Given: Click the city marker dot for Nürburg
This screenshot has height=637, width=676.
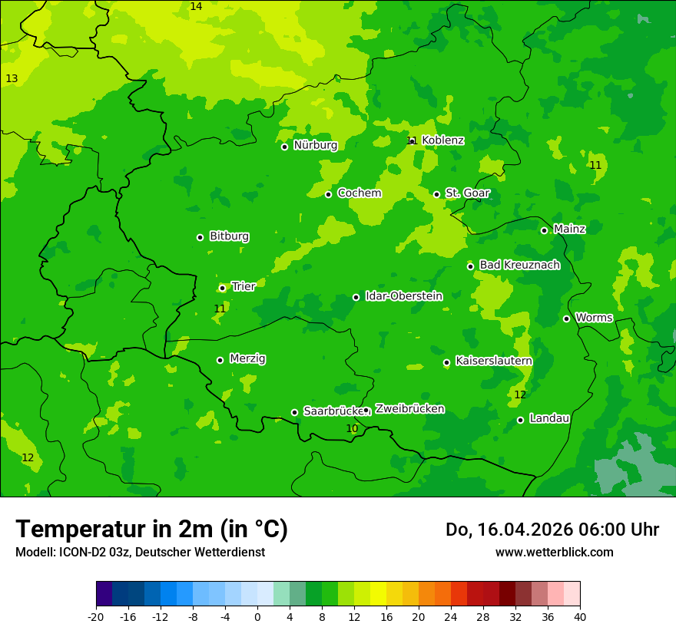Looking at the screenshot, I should [x=284, y=147].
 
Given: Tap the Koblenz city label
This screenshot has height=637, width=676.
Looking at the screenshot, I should [x=442, y=140].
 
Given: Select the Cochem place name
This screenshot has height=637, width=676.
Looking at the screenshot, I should [x=359, y=193].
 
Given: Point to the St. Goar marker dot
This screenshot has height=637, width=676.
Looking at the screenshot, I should [x=436, y=194].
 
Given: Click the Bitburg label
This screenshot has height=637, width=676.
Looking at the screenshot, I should [x=229, y=236].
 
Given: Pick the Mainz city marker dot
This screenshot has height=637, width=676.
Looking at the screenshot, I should [x=544, y=230].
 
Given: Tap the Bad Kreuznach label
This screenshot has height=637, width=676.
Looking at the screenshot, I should [x=519, y=265].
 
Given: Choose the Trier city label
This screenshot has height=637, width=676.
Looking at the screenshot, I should [x=243, y=287].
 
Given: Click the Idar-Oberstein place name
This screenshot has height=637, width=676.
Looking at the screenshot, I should [x=403, y=296].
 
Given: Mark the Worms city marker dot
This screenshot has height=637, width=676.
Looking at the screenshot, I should [x=566, y=318].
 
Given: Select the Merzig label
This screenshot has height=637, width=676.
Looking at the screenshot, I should [x=247, y=358].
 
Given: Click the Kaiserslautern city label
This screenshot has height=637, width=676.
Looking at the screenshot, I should [x=493, y=361].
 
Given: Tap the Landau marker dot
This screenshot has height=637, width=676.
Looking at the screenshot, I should [x=520, y=420].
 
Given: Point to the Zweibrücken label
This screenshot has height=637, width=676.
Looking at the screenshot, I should [x=409, y=409].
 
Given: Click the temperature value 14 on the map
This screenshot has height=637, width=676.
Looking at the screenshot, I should [x=196, y=7].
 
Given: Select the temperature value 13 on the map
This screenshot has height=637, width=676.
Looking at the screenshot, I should [x=12, y=79].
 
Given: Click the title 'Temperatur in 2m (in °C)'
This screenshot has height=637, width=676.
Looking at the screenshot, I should [x=151, y=529].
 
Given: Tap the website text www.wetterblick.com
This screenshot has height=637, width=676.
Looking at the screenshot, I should [x=554, y=552].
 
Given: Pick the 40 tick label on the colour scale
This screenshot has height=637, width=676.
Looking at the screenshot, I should [x=580, y=616].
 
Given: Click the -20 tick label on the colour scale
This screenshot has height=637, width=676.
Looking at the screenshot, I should [x=95, y=616].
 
